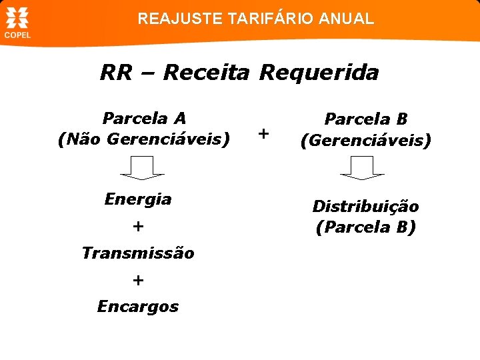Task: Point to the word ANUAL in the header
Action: coord(347,19)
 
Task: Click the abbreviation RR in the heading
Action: coord(117,72)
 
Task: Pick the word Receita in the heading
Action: coord(205,72)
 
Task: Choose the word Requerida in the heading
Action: coord(319,72)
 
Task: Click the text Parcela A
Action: coord(144,119)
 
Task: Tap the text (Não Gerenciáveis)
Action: coord(144,140)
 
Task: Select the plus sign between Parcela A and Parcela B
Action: coord(263,134)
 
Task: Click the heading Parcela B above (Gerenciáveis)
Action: coord(365,119)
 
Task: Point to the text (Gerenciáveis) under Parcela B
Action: coord(365,141)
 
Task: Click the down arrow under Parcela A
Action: coord(142,167)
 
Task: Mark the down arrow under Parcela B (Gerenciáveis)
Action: coord(362,167)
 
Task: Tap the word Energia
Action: coord(138,199)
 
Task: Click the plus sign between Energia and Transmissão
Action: coord(137,226)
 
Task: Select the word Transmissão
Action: coord(138,253)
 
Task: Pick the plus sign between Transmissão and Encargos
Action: coord(137,280)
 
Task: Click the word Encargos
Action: coord(138,307)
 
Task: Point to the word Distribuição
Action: coord(365,206)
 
